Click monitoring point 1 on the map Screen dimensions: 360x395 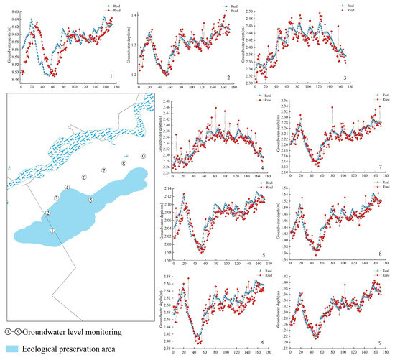pos(52,230)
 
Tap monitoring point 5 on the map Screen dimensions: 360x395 pos(90,200)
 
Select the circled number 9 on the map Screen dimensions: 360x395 pos(143,156)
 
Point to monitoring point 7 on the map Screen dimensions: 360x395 pos(104,170)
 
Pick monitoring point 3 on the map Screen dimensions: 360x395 pos(55,197)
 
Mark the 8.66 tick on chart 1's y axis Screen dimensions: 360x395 pos(15,6)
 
